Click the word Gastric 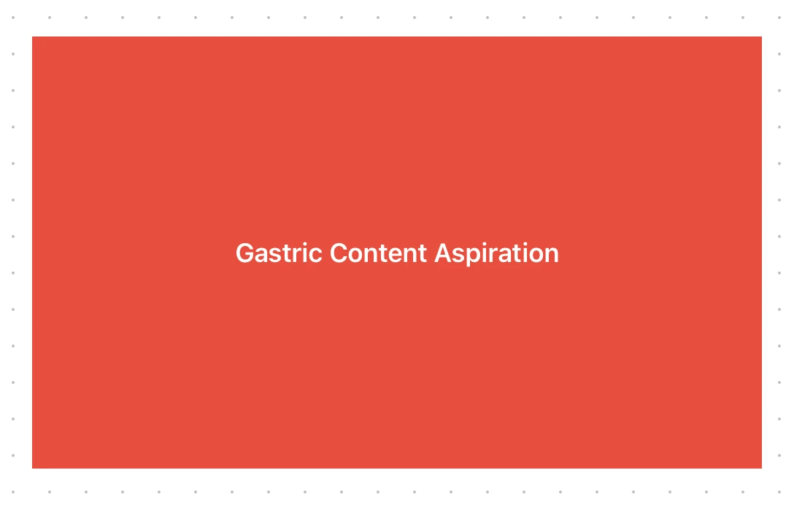(280, 253)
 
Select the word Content (378, 253)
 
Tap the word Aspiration (496, 253)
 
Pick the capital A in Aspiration (443, 253)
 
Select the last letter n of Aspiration (552, 255)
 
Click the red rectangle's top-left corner (32, 36)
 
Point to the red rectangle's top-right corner (761, 36)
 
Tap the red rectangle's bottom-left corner (32, 468)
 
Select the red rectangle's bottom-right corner (761, 468)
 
